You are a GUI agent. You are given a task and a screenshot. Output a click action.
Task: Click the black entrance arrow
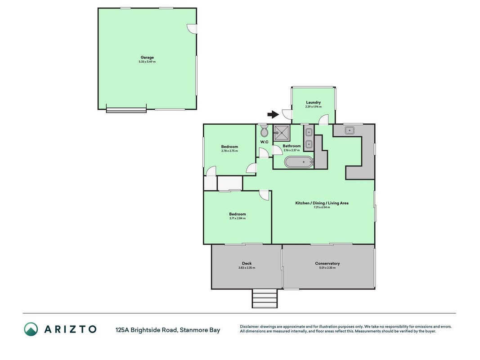273,114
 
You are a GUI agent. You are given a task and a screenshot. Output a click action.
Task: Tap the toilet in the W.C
264,131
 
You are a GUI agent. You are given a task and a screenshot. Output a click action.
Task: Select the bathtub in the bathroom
298,162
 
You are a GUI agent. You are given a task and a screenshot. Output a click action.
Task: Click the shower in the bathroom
282,133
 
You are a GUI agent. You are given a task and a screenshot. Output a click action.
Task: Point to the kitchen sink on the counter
349,130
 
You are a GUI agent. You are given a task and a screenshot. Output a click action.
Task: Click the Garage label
147,57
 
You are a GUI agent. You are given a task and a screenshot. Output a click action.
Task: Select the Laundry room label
314,102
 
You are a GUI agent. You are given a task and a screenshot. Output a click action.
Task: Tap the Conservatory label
327,263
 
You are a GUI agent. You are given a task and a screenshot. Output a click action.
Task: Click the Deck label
247,263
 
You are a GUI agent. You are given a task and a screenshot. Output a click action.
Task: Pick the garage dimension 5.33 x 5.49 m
147,62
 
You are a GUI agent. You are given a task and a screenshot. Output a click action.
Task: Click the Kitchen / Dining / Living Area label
322,203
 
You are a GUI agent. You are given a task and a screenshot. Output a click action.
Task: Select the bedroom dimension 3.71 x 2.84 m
238,218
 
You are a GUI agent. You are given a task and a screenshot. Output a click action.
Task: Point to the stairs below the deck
265,298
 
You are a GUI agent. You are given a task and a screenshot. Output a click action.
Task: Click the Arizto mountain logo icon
31,329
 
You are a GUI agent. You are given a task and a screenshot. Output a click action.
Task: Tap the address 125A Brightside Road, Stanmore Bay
168,330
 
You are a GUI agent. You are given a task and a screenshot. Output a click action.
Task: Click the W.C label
264,142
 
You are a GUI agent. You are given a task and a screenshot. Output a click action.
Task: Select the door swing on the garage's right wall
192,29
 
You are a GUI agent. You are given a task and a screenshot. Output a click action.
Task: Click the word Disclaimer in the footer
250,327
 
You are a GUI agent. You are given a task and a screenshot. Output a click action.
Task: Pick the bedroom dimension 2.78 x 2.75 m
229,151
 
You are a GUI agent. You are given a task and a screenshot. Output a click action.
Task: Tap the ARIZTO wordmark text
71,329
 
